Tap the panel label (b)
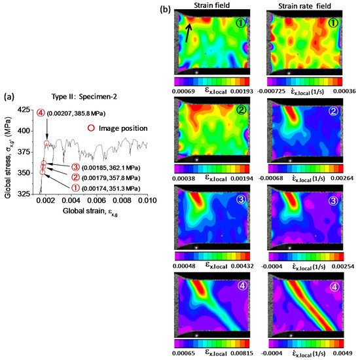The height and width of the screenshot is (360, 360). point(166,9)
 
